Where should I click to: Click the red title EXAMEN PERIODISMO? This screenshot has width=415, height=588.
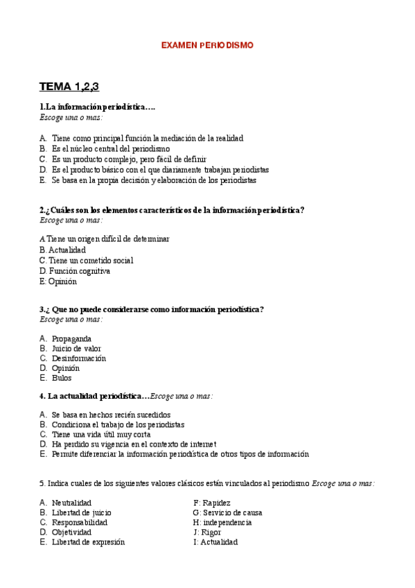[207, 45]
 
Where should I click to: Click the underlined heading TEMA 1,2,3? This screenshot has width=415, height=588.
[69, 87]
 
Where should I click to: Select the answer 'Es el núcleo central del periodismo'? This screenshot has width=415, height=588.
[110, 148]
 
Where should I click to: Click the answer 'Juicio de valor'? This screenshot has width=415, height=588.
[76, 348]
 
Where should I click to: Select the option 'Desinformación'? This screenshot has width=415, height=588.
[79, 358]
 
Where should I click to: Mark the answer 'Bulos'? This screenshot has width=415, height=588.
[62, 378]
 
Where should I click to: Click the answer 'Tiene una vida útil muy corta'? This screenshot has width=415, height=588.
[102, 433]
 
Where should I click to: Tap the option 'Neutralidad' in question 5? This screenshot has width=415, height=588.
[71, 502]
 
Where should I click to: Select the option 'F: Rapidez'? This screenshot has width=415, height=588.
[212, 502]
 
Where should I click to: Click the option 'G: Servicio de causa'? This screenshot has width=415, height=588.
[227, 512]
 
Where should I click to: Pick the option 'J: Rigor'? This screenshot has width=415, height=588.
[207, 532]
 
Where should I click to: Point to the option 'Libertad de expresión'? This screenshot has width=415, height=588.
[88, 542]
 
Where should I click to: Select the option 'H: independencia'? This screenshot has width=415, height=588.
[222, 522]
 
